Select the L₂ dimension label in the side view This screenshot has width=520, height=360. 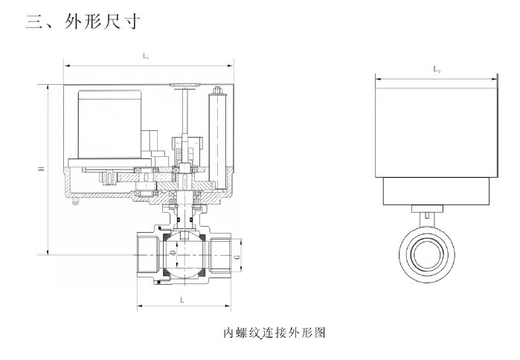[x=437, y=68]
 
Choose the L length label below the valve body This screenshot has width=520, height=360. [x=182, y=299]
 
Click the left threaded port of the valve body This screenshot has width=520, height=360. [x=147, y=254]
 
